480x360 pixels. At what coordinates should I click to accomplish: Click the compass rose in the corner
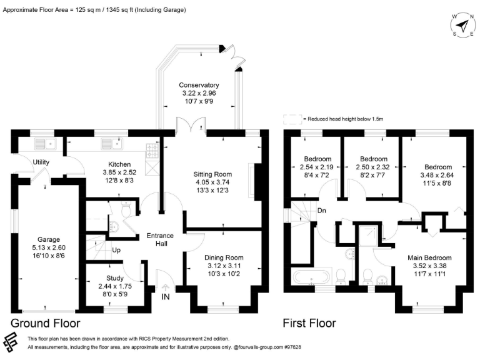click(x=461, y=26)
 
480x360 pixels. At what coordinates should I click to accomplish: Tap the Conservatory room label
click(x=199, y=86)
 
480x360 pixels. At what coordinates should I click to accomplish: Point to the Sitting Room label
click(x=214, y=174)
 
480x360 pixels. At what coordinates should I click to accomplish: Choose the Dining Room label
click(x=224, y=257)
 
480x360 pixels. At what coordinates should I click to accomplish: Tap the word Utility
click(x=41, y=162)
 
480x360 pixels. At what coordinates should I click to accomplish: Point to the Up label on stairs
click(x=116, y=250)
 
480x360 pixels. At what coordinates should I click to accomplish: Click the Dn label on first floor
click(x=322, y=210)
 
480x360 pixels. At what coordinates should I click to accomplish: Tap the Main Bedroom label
click(x=429, y=257)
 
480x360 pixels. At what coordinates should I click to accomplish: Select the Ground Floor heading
click(x=45, y=323)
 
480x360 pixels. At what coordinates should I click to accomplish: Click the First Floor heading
click(x=310, y=323)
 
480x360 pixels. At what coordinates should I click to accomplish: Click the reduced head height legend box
click(x=291, y=118)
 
